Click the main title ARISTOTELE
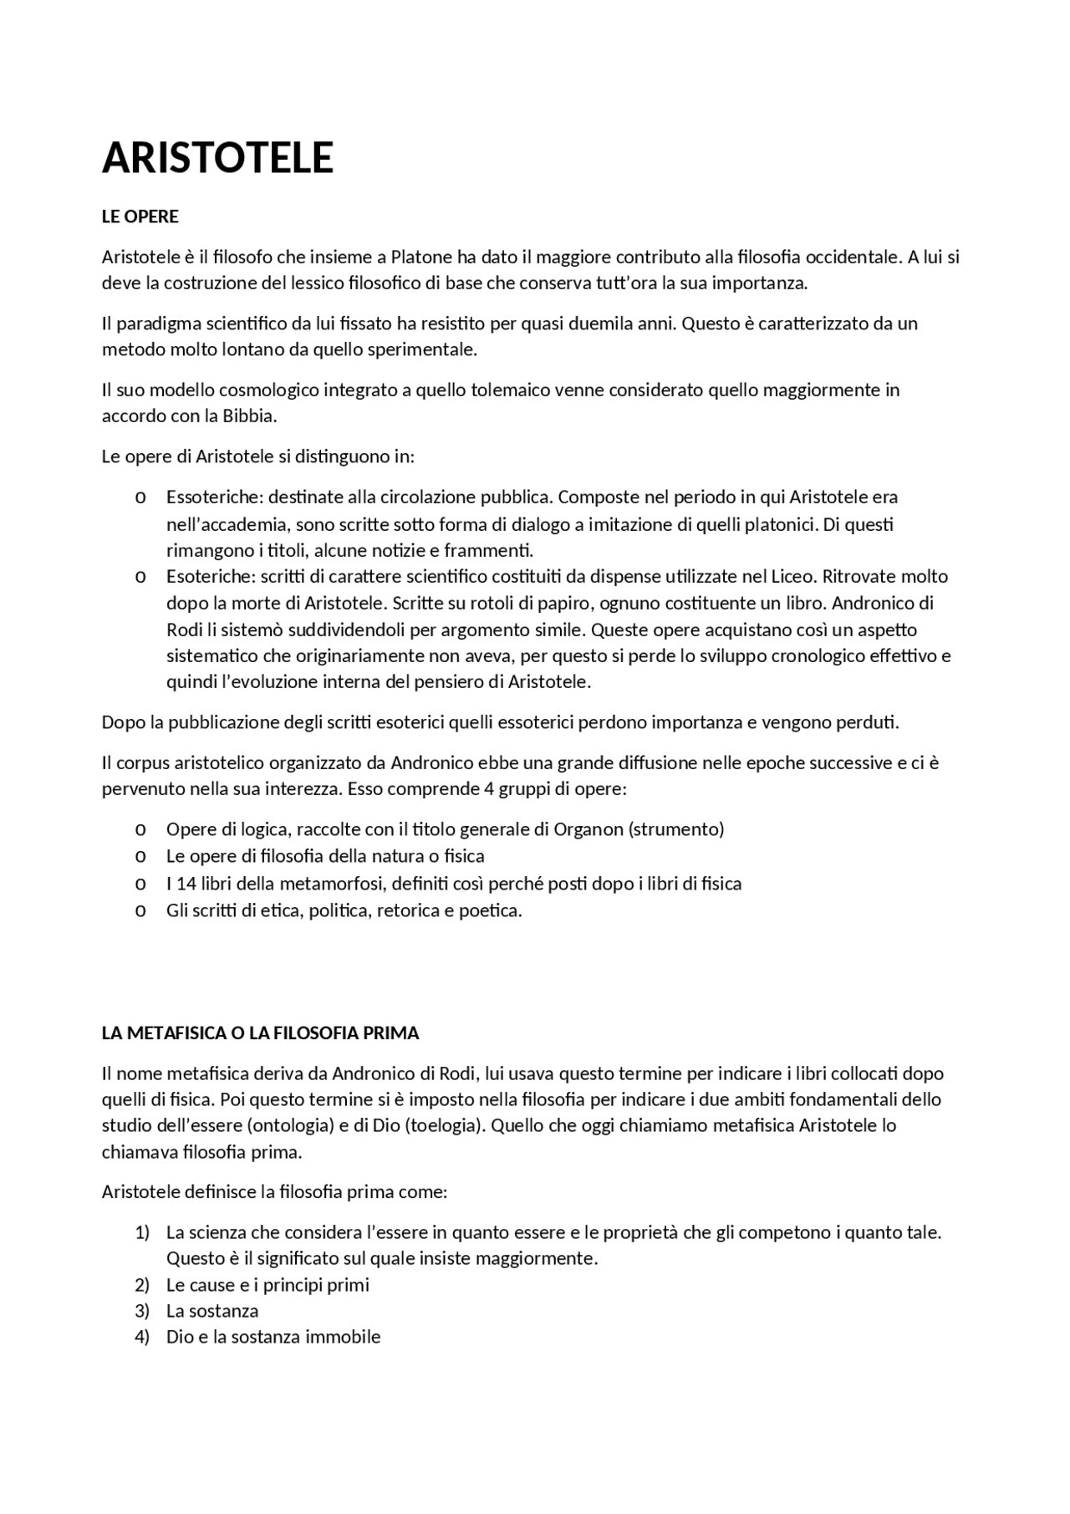pos(217,158)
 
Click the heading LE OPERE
pos(140,217)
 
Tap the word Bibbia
pos(249,415)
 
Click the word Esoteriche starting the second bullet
pos(209,577)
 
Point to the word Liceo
pos(793,577)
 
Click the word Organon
pos(588,829)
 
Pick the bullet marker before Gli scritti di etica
pos(140,911)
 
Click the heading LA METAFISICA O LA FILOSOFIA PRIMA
pos(260,1033)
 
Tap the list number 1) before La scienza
pos(141,1233)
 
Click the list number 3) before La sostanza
pos(141,1312)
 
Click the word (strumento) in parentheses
pos(675,829)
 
